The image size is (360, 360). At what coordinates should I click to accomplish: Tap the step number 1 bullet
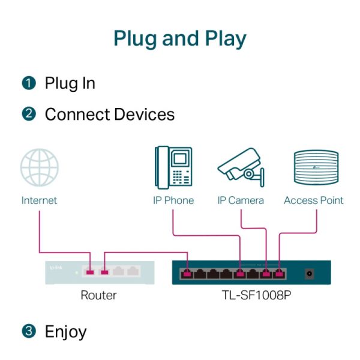(28, 83)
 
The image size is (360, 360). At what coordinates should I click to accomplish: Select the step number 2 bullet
(28, 114)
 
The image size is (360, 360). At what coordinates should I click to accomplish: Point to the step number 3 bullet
(28, 331)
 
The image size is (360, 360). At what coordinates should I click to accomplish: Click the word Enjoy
(66, 332)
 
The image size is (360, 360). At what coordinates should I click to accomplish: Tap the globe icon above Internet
(40, 169)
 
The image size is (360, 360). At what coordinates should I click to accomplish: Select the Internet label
(40, 200)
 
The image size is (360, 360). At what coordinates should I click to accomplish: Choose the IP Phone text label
(173, 200)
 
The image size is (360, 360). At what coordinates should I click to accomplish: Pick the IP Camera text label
(240, 200)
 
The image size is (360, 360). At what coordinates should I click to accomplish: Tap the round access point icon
(314, 169)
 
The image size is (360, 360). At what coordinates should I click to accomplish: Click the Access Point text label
(314, 200)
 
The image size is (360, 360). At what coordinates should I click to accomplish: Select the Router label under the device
(98, 295)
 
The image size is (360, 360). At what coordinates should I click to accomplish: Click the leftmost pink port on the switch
(187, 274)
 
